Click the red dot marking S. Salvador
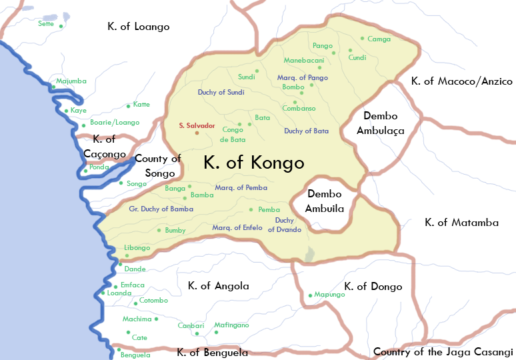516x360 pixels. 197,133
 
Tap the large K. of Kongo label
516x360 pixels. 253,163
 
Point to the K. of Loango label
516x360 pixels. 139,27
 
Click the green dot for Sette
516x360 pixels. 61,26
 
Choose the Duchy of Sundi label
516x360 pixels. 221,92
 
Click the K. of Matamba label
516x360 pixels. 461,223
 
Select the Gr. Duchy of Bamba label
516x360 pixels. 161,209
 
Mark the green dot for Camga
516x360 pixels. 362,39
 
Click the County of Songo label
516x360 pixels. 158,165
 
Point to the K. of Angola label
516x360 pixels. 218,286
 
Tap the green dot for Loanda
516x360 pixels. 103,293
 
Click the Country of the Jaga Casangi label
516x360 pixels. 443,351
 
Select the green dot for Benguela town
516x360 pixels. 118,350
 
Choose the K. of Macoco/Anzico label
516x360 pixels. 462,81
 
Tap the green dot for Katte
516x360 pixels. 128,106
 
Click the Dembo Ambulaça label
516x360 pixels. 381,123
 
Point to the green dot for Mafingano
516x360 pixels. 216,332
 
